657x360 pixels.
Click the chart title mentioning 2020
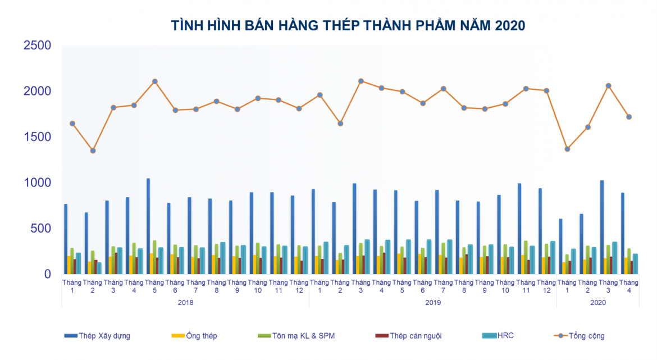[348, 25]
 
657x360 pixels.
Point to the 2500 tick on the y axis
[37, 45]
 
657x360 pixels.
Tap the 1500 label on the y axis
[37, 136]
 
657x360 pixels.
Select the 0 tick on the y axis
[47, 274]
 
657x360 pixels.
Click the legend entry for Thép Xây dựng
[97, 336]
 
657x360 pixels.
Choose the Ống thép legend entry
[194, 336]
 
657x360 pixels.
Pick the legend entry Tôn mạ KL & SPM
[296, 336]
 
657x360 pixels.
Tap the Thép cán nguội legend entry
[409, 336]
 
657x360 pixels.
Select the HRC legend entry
[498, 336]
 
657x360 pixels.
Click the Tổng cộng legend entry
[580, 336]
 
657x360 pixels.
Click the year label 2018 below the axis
[185, 303]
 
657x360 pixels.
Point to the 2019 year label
[433, 303]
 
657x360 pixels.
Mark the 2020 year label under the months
[598, 303]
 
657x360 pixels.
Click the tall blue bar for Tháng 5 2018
[148, 226]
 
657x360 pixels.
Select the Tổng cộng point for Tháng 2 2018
[93, 151]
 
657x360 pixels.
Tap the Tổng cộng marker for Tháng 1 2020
[567, 149]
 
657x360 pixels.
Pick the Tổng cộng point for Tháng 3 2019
[361, 81]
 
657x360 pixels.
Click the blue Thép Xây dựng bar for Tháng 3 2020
[602, 227]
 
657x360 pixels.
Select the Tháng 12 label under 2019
[546, 286]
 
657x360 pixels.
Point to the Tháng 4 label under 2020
[629, 286]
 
